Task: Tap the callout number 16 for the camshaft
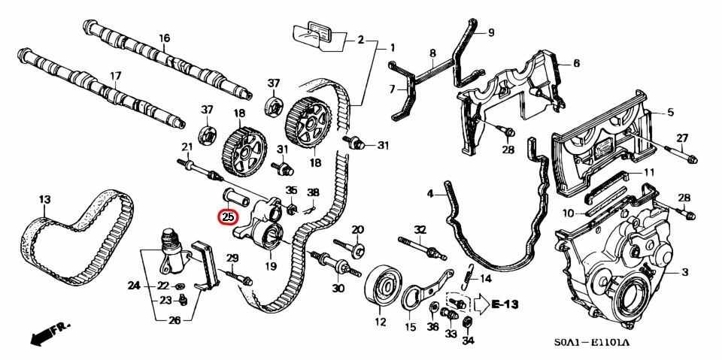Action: [164, 38]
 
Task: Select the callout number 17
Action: [115, 76]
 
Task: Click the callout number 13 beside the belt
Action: [44, 199]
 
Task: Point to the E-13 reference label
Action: [507, 304]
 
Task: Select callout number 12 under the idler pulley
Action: [380, 323]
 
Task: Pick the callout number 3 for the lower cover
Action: [684, 271]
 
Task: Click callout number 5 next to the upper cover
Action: [670, 113]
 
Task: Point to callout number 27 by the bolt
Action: [682, 138]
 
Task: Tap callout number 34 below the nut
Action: [469, 340]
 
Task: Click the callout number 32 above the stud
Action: [420, 229]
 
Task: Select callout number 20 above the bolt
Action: [357, 229]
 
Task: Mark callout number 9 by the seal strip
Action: [490, 32]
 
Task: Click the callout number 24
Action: [134, 286]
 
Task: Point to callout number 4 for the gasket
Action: [430, 194]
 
